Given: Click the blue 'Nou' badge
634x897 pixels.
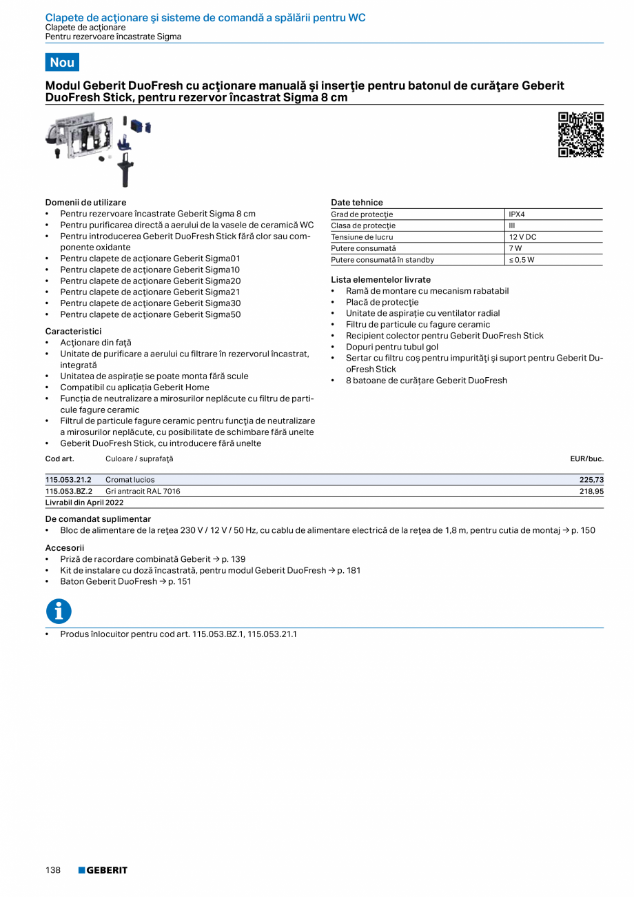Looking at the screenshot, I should coord(62,62).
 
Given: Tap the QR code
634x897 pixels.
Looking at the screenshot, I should coord(580,134).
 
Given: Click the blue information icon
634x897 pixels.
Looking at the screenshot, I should coord(59,611).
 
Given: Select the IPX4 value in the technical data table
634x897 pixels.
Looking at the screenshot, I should coord(517,214).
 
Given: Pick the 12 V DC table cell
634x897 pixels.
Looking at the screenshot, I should coord(522,236).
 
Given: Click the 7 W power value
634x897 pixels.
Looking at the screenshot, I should coord(515,248).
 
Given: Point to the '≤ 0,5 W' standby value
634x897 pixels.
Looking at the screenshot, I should coord(522,260).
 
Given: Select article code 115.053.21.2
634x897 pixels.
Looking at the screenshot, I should coord(68,480).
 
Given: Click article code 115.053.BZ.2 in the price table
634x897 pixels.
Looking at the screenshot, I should coord(69,492).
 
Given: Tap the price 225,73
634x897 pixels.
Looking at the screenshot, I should coord(591,480).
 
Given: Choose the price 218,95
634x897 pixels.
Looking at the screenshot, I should coord(591,492).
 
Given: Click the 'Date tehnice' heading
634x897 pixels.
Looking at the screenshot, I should coord(356,203).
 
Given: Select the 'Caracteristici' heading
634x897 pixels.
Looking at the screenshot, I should coord(73,332).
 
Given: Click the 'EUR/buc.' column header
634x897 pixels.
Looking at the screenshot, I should coord(586,458).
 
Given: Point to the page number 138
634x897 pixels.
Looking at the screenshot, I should coord(53,870).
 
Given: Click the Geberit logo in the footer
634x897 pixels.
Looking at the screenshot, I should coord(103,870).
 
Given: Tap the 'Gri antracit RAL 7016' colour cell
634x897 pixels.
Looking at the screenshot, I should coord(143,492).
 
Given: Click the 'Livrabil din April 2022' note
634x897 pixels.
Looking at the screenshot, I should coord(84,503).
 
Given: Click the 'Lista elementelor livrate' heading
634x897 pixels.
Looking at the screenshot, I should coord(380,280).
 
